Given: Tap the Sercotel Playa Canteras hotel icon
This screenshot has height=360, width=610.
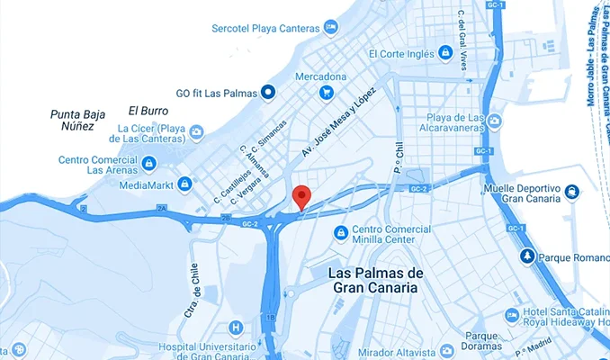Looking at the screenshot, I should pyautogui.click(x=331, y=28).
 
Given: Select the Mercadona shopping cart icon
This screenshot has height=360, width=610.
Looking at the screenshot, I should pyautogui.click(x=326, y=92).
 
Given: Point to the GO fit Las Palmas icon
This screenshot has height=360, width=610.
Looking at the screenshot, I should pyautogui.click(x=267, y=92).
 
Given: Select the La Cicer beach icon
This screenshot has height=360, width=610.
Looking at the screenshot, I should pyautogui.click(x=195, y=134).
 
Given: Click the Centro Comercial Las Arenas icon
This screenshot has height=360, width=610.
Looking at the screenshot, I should pyautogui.click(x=149, y=164).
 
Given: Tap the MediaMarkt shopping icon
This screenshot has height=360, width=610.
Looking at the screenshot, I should pyautogui.click(x=184, y=184).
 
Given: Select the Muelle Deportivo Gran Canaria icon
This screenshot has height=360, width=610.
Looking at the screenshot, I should pyautogui.click(x=571, y=193).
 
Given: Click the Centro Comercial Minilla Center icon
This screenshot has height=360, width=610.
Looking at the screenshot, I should pyautogui.click(x=340, y=234).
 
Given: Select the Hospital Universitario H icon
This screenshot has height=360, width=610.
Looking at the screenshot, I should pyautogui.click(x=236, y=328).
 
